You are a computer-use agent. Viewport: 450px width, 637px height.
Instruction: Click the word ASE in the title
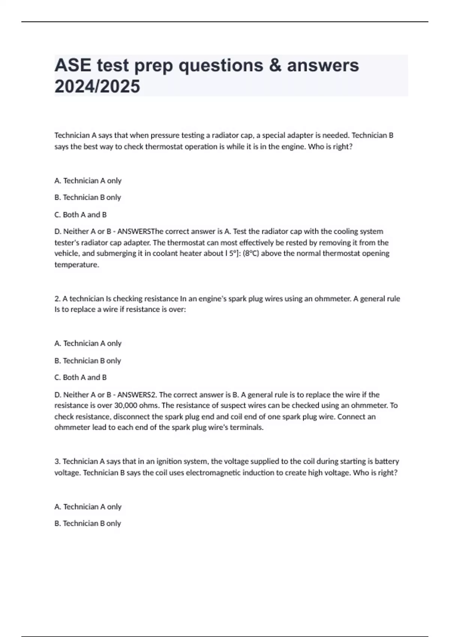[73, 66]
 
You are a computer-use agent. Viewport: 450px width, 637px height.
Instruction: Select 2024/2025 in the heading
[97, 87]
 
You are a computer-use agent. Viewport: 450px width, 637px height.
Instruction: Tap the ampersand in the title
[275, 66]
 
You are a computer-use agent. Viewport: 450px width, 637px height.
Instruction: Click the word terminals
[246, 428]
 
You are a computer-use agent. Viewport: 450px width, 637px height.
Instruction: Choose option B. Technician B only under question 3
[88, 523]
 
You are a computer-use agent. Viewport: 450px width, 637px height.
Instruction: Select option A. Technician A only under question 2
[88, 343]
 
